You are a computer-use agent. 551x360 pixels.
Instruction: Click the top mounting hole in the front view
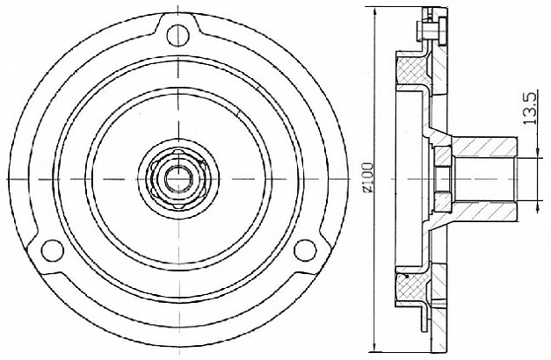[178, 35]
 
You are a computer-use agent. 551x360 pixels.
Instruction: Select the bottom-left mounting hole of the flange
[53, 250]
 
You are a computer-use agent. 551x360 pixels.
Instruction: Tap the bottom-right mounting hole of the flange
[305, 250]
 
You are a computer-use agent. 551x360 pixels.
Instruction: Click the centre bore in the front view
[179, 179]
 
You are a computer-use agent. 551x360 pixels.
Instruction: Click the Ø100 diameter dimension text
[367, 177]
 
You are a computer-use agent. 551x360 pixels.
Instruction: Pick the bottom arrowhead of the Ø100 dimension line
[375, 349]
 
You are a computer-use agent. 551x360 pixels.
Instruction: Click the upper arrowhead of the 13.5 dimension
[537, 153]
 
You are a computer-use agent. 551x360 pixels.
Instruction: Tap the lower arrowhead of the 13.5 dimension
[537, 206]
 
